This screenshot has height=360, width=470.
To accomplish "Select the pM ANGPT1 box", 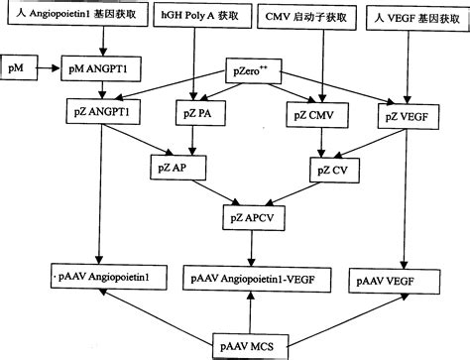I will point(102,71).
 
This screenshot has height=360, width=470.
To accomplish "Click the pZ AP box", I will point(168,169).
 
